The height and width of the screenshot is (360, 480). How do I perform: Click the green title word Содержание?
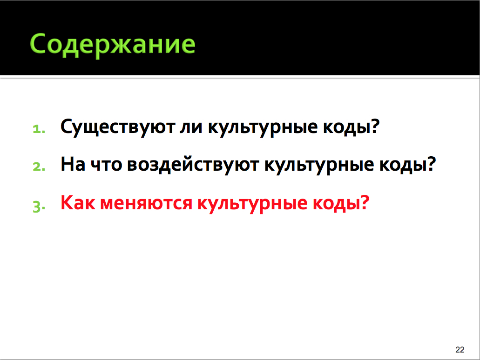[113, 45]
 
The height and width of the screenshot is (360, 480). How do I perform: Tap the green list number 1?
[39, 129]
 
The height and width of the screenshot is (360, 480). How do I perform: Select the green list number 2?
[39, 167]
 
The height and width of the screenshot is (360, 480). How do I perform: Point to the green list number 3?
[39, 206]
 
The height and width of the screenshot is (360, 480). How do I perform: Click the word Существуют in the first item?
[118, 127]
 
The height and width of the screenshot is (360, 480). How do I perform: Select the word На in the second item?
[73, 164]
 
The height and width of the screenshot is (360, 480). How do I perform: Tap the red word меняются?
[146, 204]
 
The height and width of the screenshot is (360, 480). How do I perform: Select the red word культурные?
[252, 204]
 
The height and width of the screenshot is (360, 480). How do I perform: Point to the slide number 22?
[460, 350]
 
